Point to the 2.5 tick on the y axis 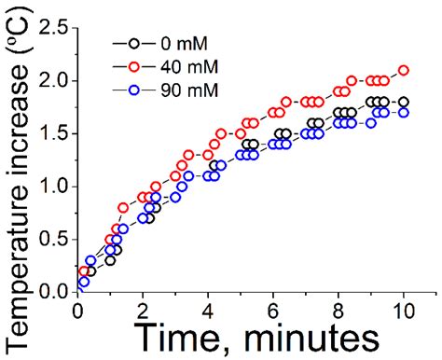[x=53, y=29]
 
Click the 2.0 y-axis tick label [x=53, y=81]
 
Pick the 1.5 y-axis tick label [x=53, y=134]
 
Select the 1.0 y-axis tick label [x=53, y=187]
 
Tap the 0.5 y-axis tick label [x=53, y=240]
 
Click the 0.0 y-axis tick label [x=53, y=292]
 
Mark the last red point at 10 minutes [x=403, y=70]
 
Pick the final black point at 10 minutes [x=403, y=102]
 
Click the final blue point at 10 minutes [x=403, y=113]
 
